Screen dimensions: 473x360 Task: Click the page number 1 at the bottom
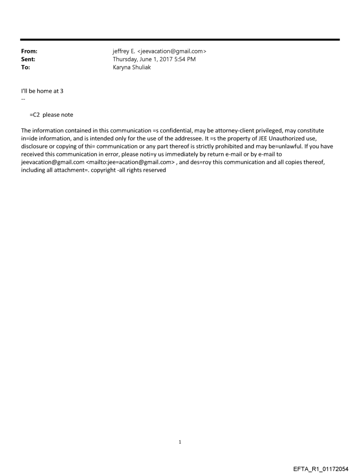point(180,442)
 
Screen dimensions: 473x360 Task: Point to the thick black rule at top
point(180,40)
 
